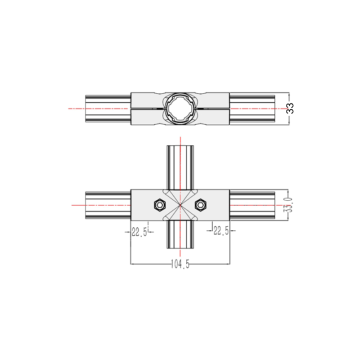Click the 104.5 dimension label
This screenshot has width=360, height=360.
180,264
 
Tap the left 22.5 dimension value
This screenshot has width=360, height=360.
139,232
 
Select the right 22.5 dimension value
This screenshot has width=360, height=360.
221,230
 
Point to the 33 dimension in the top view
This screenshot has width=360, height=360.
290,108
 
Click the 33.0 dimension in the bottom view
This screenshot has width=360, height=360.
289,205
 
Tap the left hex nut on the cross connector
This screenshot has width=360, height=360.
160,205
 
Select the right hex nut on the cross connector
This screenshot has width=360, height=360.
200,205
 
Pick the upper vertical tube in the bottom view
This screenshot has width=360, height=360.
180,167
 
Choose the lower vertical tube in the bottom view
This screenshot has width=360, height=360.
180,234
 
